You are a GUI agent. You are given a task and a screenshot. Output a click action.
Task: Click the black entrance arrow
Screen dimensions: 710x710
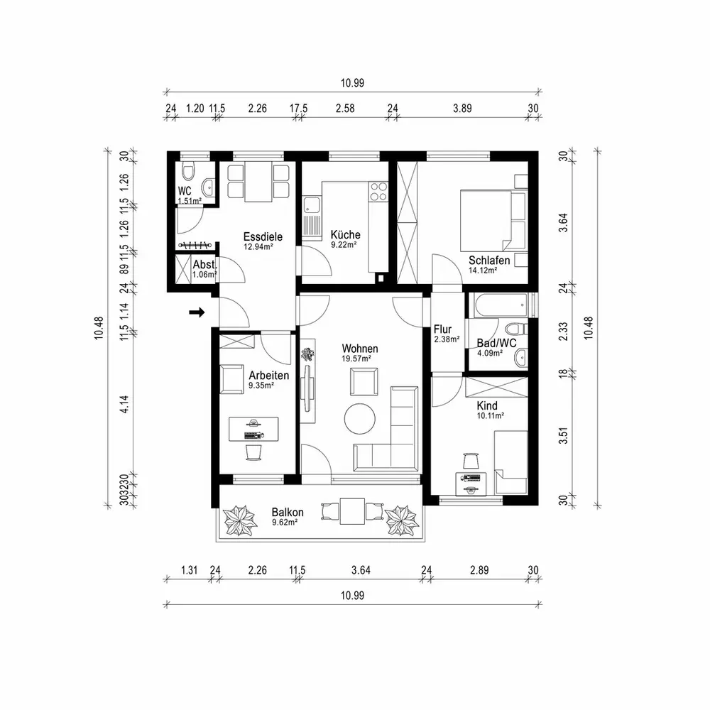pos(197,312)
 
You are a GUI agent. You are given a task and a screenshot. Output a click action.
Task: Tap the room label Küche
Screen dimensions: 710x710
pos(346,234)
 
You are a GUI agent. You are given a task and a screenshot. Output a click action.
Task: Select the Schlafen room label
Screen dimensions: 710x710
pos(489,261)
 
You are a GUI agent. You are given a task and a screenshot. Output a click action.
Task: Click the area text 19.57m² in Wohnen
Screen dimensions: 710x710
pos(356,359)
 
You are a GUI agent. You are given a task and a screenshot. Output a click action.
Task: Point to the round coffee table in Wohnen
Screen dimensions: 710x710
pos(359,419)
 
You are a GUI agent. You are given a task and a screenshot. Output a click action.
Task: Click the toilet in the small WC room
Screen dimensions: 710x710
pos(187,171)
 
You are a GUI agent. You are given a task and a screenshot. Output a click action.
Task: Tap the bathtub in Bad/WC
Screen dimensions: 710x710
pos(501,305)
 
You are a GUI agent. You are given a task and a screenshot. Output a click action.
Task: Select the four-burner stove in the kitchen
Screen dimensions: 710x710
pos(378,191)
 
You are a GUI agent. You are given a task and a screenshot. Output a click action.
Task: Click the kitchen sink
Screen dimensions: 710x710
pos(311,204)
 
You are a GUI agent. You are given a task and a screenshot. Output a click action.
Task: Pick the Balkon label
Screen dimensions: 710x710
pos(288,512)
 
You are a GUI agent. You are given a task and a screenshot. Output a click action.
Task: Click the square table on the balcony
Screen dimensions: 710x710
pos(352,511)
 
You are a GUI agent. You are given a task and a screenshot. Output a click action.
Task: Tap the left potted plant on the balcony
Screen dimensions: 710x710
pos(241,520)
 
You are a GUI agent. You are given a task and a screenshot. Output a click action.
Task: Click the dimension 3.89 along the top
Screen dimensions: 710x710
pos(462,108)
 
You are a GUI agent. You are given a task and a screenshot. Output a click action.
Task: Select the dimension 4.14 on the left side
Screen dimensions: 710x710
pos(124,404)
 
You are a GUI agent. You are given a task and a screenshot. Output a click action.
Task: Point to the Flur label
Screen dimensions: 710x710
pos(442,329)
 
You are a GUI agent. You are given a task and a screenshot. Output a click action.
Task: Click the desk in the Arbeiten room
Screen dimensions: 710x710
pos(253,429)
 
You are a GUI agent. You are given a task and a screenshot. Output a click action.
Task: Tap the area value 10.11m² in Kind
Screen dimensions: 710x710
pos(491,415)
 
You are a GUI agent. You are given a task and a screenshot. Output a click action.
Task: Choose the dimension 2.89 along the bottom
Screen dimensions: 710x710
pos(479,570)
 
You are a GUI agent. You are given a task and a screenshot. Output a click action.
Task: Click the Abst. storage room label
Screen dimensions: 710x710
pos(204,264)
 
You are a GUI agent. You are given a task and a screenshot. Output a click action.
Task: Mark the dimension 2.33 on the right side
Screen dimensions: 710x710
pos(563,332)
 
